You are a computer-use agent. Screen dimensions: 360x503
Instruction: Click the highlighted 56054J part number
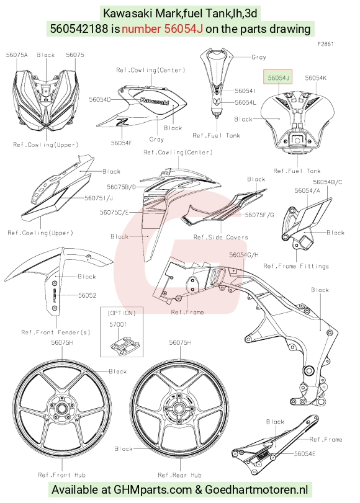(x=278, y=78)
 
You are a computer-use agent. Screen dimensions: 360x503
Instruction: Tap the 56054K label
(x=316, y=78)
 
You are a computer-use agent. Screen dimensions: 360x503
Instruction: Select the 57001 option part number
(x=118, y=324)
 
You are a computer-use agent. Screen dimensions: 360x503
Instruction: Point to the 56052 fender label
(x=88, y=295)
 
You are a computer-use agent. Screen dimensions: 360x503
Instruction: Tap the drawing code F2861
(x=325, y=44)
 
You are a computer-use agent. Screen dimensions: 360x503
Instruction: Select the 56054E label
(x=305, y=453)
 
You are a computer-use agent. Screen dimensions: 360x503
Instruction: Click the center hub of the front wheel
(x=61, y=408)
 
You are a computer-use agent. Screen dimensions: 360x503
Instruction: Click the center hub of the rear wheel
(x=179, y=408)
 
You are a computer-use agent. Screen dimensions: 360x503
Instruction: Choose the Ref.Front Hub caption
(x=61, y=474)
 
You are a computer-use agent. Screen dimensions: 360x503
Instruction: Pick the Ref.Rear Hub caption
(x=179, y=474)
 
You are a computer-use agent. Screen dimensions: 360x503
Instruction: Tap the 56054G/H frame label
(x=244, y=255)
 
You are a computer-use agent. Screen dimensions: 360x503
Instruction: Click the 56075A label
(x=17, y=55)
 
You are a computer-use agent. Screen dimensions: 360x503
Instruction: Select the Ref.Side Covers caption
(x=220, y=237)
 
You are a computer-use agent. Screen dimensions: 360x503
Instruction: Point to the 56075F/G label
(x=259, y=215)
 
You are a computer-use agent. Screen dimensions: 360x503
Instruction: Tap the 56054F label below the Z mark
(x=122, y=143)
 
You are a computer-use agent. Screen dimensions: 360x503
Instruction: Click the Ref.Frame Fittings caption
(x=296, y=266)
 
